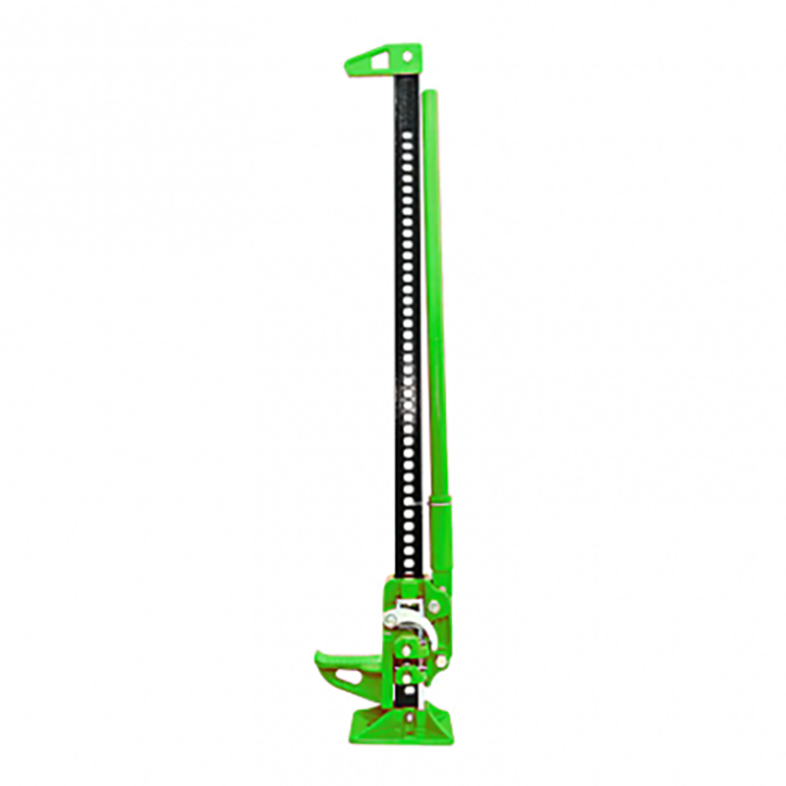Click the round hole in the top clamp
(x=406, y=56)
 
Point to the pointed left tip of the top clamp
(x=348, y=67)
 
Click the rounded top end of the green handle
(x=429, y=93)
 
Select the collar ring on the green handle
(x=441, y=504)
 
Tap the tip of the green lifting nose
(x=318, y=655)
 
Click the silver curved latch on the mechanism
(x=417, y=618)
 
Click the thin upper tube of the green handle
(x=434, y=295)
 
